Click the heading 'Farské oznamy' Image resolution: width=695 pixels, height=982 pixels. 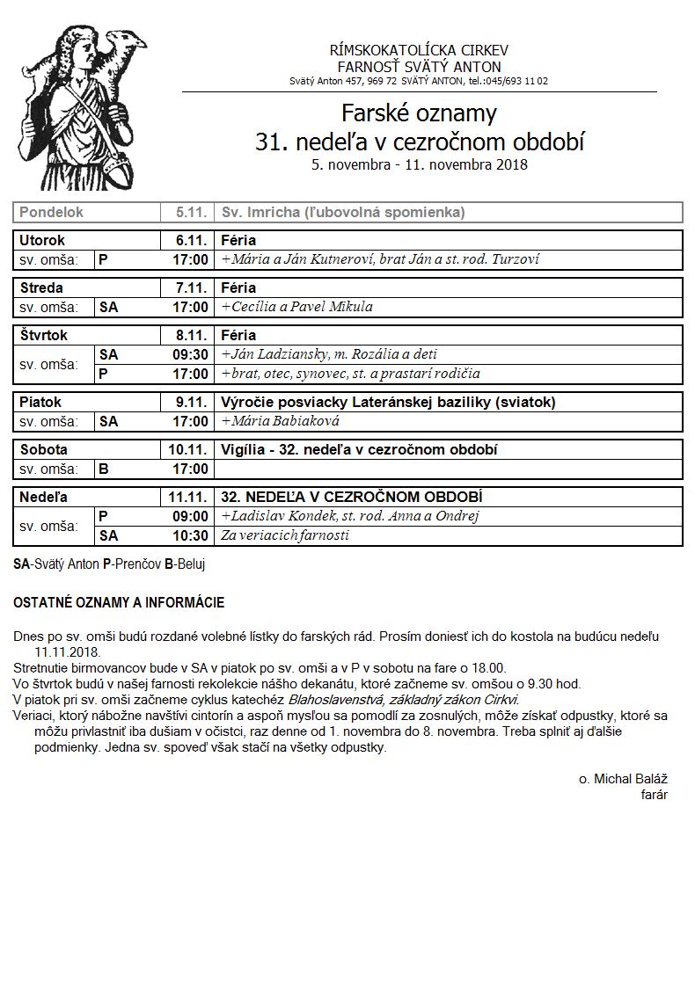point(419,113)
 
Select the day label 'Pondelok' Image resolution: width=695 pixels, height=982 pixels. point(51,213)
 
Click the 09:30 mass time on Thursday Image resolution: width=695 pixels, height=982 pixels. point(190,354)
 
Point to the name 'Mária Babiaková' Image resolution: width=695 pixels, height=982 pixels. point(285,421)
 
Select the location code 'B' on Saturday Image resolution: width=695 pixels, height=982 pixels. point(104,469)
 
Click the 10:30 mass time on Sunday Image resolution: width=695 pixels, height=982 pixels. point(190,535)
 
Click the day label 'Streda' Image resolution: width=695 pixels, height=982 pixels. point(41,287)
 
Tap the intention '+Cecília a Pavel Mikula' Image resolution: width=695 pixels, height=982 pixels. point(297,307)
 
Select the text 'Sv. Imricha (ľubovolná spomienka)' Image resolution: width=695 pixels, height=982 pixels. point(343,213)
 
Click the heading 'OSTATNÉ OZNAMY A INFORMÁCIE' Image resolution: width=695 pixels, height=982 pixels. point(119,603)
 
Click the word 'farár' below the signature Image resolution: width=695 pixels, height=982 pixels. point(655,795)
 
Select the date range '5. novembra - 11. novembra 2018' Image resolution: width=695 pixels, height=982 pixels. point(419,164)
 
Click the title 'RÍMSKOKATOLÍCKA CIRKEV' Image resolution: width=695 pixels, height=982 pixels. point(419,50)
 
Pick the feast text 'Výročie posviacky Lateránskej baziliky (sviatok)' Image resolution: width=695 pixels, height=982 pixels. point(388,402)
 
